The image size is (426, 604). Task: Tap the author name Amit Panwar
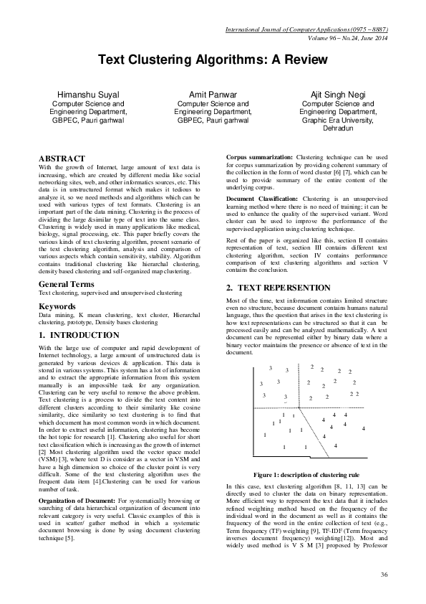point(213,95)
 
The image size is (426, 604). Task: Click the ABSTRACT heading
point(62,159)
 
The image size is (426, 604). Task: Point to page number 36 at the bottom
point(384,575)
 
